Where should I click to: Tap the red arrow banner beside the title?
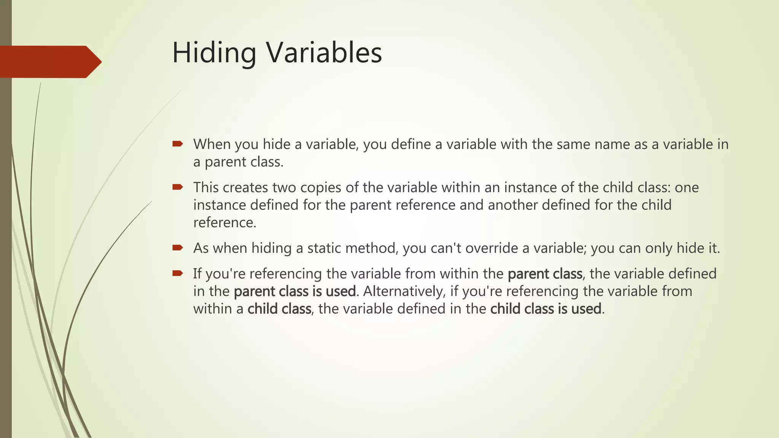pyautogui.click(x=49, y=62)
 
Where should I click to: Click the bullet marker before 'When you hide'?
pyautogui.click(x=177, y=144)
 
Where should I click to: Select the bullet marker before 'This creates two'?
pyautogui.click(x=177, y=187)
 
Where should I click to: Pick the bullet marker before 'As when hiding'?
pyautogui.click(x=177, y=248)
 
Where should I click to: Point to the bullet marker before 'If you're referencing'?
pyautogui.click(x=177, y=273)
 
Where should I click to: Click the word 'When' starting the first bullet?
pyautogui.click(x=211, y=144)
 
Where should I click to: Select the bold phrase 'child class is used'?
pyautogui.click(x=545, y=309)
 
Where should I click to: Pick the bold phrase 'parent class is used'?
pyautogui.click(x=295, y=291)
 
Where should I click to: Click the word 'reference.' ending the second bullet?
pyautogui.click(x=225, y=222)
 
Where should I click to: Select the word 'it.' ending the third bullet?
pyautogui.click(x=714, y=248)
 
